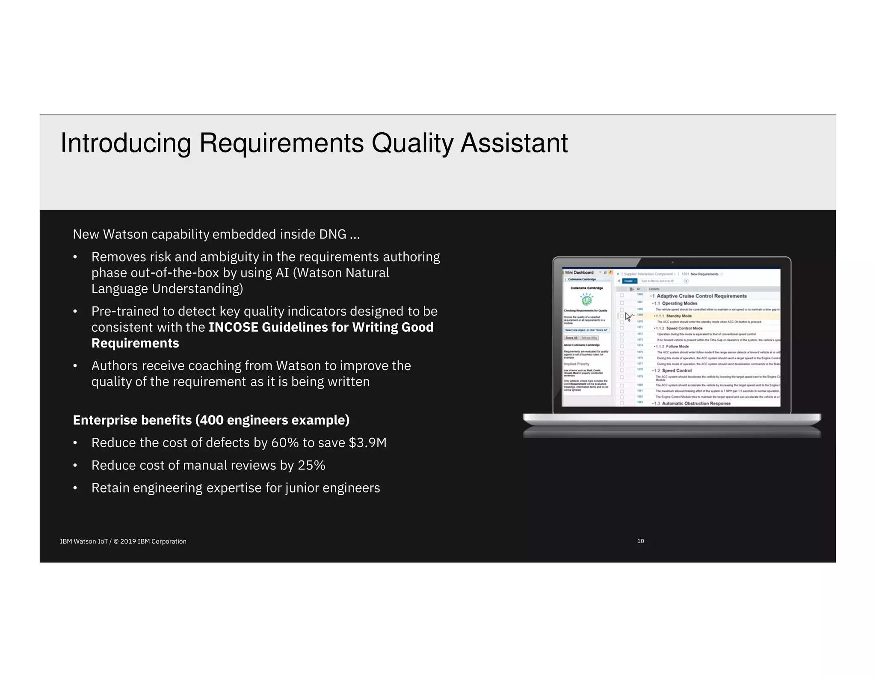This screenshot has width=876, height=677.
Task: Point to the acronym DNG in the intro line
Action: [332, 235]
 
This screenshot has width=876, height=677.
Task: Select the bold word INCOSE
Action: [233, 327]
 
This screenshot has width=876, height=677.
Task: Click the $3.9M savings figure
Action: [367, 443]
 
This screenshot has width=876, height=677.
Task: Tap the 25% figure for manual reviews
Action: [311, 466]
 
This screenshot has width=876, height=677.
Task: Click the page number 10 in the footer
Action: [640, 541]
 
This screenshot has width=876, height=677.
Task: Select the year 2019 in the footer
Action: [128, 542]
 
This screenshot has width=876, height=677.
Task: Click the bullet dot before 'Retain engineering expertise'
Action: [75, 488]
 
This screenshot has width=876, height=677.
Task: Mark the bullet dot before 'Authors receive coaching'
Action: [75, 366]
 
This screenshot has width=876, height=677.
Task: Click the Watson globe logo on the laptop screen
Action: [586, 299]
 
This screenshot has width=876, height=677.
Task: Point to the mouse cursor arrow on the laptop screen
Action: [627, 317]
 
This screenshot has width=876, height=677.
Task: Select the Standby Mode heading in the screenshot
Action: [679, 316]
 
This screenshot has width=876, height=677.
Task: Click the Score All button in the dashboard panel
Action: [571, 338]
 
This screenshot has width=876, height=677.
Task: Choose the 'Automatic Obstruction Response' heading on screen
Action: [696, 404]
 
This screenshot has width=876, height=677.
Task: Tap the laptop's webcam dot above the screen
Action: [672, 262]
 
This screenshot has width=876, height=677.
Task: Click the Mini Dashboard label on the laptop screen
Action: [579, 273]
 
